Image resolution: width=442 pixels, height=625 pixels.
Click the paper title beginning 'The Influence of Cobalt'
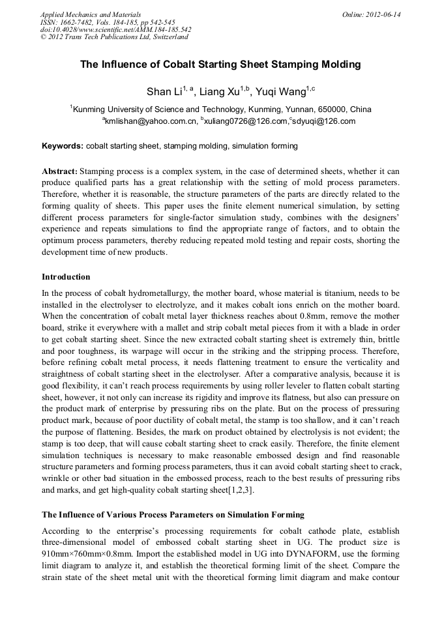[220, 65]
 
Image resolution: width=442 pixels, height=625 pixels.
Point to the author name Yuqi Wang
[278, 91]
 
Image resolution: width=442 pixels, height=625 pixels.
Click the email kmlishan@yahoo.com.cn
[150, 121]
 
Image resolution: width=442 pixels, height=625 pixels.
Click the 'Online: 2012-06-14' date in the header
[371, 14]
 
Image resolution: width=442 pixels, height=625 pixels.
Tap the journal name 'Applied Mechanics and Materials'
[91, 14]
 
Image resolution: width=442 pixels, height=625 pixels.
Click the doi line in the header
[115, 29]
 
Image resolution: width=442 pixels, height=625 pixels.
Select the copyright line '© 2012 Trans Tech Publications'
[114, 37]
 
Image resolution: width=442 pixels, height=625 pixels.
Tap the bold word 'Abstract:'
[59, 171]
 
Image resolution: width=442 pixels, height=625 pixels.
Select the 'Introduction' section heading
[66, 277]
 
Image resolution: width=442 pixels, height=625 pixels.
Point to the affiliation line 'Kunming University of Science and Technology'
[222, 109]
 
